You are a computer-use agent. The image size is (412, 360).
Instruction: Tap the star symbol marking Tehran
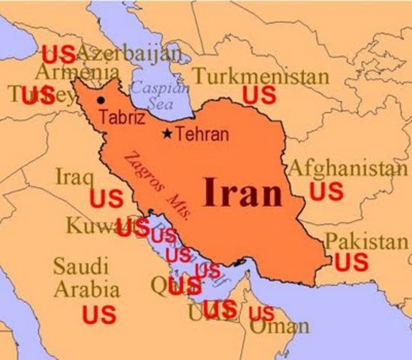point(167,135)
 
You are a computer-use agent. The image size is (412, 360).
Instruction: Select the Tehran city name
point(202,135)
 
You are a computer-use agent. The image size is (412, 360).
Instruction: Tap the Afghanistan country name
point(347,167)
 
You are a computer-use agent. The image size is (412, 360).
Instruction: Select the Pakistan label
point(367,241)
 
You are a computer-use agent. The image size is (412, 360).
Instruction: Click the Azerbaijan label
point(128,54)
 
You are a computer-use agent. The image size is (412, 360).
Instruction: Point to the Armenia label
point(77,73)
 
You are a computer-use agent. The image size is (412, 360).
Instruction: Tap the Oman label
point(279,327)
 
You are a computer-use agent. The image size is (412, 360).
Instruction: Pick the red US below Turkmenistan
point(259,95)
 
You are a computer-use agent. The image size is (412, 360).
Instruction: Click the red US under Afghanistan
point(326,191)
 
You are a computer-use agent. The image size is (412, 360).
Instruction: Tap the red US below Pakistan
point(351,262)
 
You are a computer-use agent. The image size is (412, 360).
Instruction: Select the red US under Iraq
point(107,199)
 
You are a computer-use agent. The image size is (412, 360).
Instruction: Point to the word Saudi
point(80,266)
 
